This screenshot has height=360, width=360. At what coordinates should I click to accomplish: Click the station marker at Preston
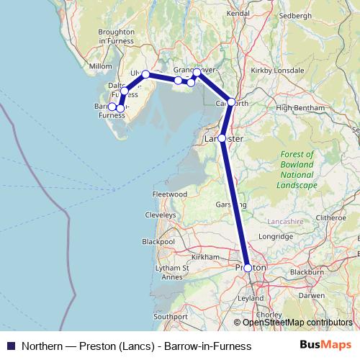tap(248, 268)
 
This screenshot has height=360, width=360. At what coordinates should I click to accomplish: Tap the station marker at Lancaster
tap(222, 138)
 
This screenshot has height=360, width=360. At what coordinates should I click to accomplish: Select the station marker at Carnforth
tap(231, 102)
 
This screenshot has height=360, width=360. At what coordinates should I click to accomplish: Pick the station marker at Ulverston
tap(145, 74)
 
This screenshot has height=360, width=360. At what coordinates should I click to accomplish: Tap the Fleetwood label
tap(170, 195)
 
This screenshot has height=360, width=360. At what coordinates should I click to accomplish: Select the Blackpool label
tap(158, 242)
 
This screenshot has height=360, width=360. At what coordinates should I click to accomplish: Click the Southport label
tap(170, 316)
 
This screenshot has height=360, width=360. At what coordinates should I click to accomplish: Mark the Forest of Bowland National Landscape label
tap(298, 169)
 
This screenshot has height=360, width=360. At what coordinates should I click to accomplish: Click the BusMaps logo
tap(328, 346)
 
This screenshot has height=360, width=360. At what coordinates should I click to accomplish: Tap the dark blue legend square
tap(10, 346)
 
